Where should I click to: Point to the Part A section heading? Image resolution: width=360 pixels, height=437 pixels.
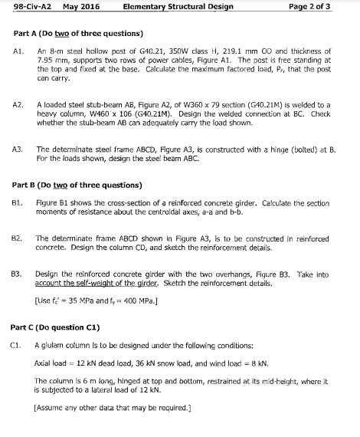[x=77, y=34]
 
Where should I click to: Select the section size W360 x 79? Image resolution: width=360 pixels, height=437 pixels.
[x=203, y=102]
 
